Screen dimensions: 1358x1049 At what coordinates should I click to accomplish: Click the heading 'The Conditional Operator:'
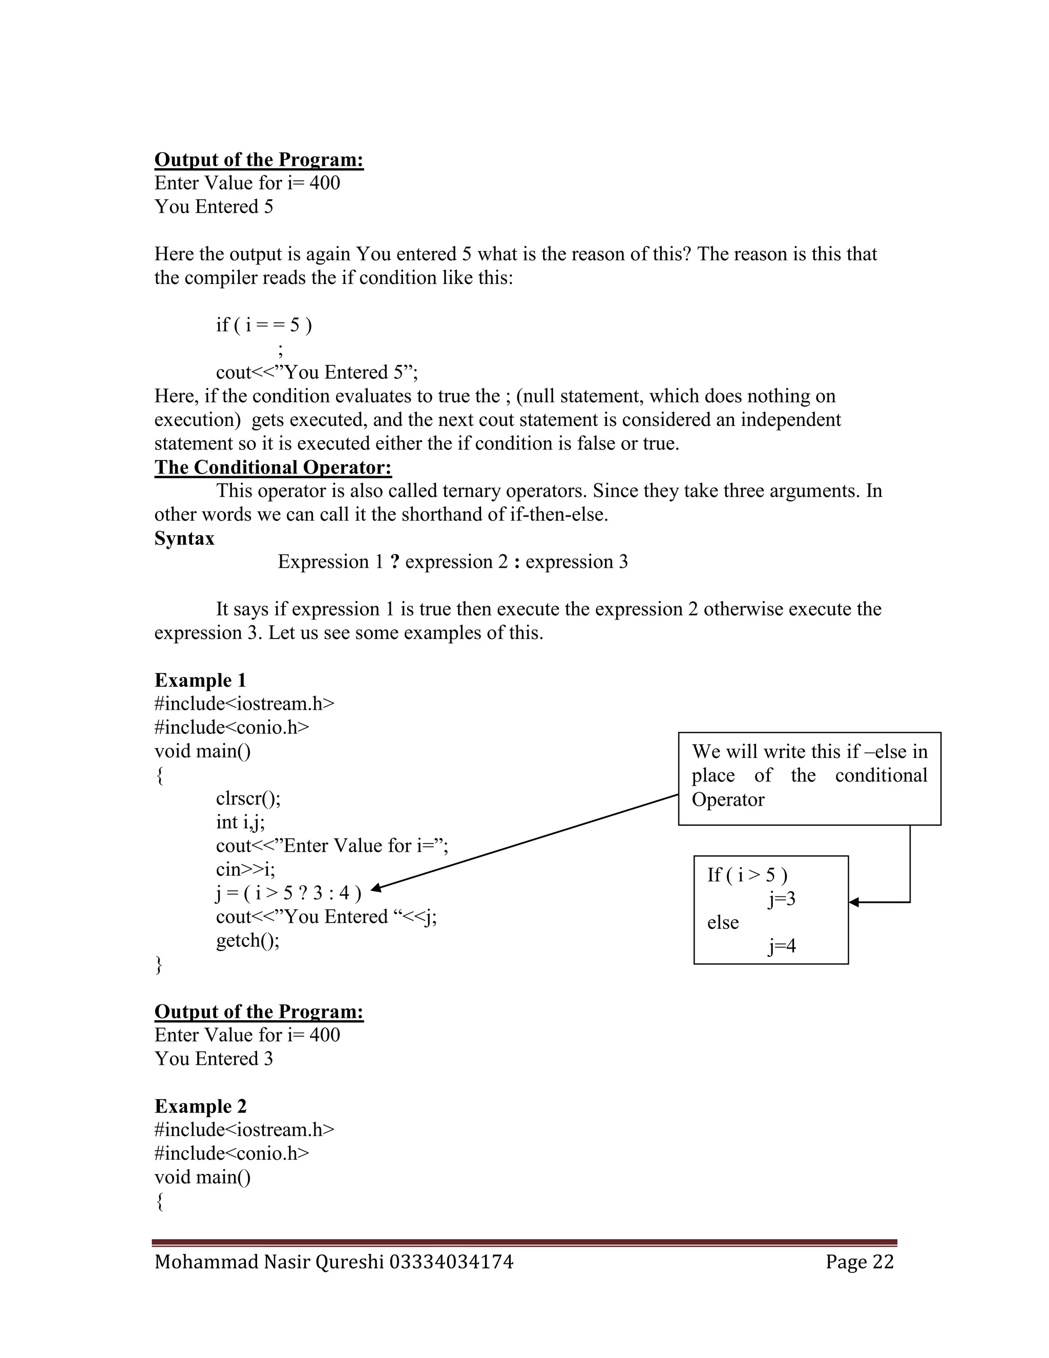coord(273,467)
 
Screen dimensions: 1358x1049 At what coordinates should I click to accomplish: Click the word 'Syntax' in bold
coord(184,538)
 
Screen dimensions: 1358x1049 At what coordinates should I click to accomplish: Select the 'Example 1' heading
coord(200,680)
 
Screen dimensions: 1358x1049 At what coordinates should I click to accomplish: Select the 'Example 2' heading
coord(200,1106)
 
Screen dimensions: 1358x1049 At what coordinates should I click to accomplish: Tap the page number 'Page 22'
coord(859,1262)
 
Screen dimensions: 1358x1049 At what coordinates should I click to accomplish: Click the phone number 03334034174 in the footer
coord(451,1262)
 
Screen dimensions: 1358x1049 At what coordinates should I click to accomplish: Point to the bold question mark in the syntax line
coord(394,562)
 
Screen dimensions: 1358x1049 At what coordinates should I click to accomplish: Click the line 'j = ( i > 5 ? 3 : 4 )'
coord(288,894)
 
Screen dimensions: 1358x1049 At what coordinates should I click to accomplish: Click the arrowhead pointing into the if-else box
coord(854,902)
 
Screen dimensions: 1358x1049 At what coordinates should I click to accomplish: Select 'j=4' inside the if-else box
coord(782,946)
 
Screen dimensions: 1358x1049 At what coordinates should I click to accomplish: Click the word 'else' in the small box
coord(723,923)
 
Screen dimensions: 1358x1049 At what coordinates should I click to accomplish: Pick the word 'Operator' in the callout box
coord(728,799)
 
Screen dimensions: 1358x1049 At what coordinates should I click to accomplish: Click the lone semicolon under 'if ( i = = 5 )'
coord(281,350)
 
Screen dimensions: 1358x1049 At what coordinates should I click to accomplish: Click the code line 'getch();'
coord(247,940)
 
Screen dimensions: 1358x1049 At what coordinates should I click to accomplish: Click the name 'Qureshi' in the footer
coord(349,1262)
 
